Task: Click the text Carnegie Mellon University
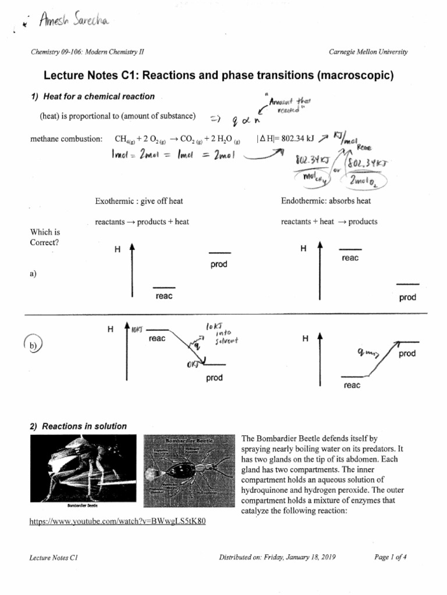click(x=368, y=52)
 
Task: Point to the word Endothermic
click(x=302, y=201)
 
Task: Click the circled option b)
click(x=33, y=345)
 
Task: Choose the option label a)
click(x=33, y=274)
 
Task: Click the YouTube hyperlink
click(x=117, y=521)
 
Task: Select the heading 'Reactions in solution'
click(x=78, y=426)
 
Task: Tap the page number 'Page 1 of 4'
click(x=391, y=557)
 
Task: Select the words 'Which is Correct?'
click(x=45, y=237)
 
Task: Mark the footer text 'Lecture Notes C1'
click(x=54, y=557)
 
